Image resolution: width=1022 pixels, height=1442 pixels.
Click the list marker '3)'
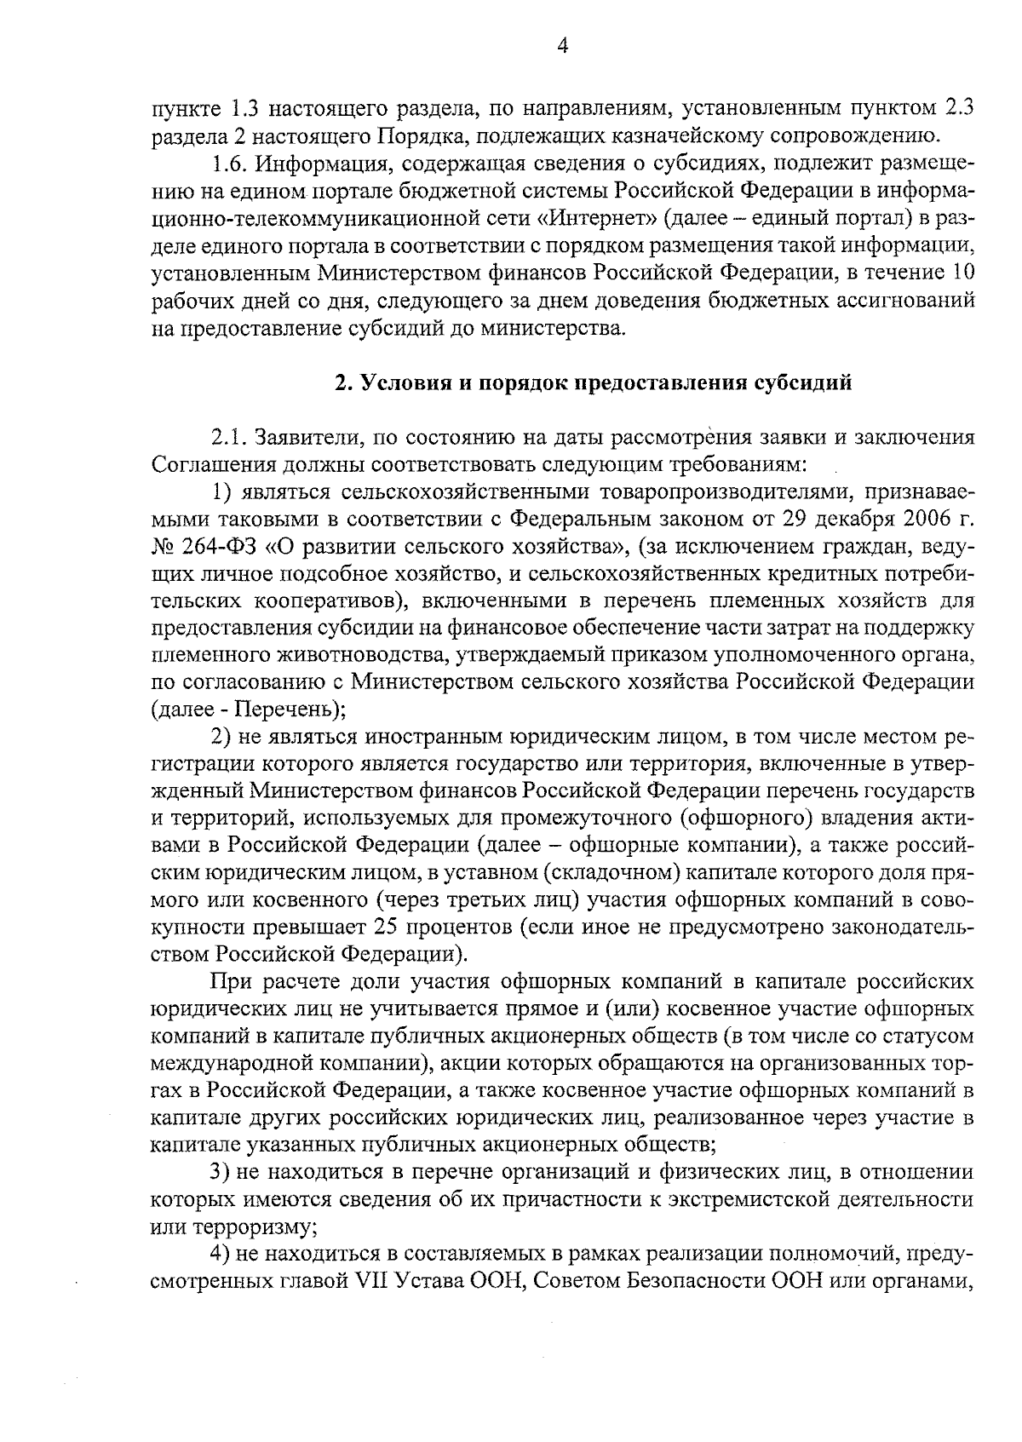tap(223, 1172)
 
